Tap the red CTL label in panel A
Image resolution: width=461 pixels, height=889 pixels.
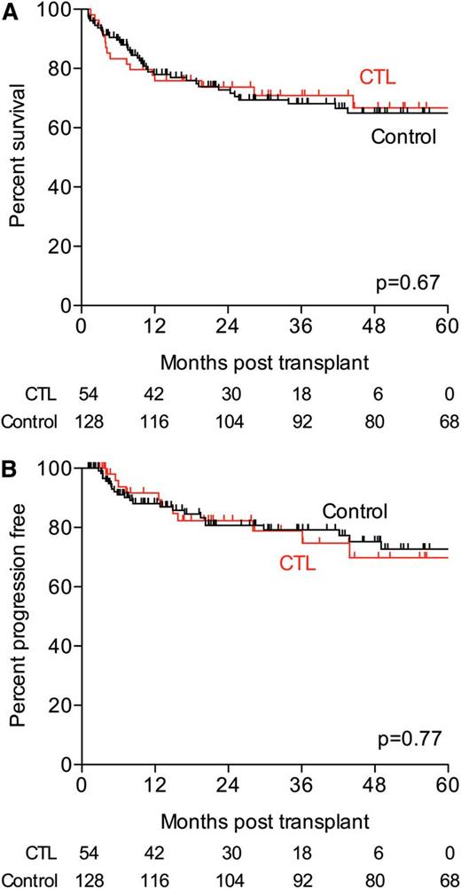tap(377, 79)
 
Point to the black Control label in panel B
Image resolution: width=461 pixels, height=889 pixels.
tap(355, 512)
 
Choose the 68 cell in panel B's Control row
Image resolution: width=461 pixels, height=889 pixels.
tap(448, 878)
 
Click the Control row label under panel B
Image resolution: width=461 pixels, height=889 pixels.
tap(28, 878)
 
